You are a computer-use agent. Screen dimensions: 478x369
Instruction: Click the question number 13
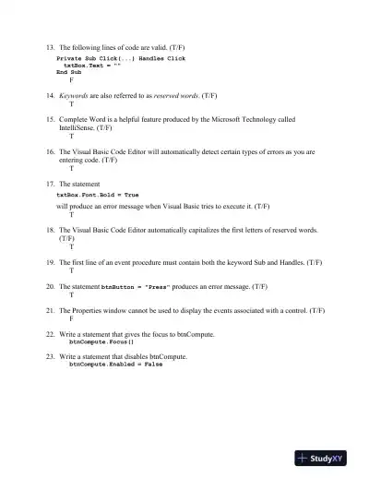pyautogui.click(x=50, y=46)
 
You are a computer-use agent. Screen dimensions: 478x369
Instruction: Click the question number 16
pyautogui.click(x=50, y=151)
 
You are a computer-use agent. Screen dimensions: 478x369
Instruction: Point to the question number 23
pyautogui.click(x=50, y=355)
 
